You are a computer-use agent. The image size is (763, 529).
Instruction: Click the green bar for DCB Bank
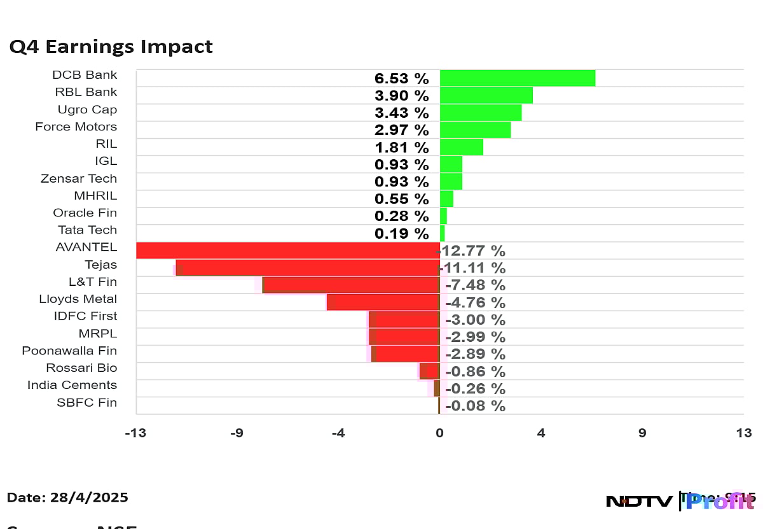tap(517, 78)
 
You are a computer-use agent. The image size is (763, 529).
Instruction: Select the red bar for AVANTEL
tap(287, 250)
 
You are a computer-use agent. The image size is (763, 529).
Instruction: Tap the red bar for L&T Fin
tap(351, 285)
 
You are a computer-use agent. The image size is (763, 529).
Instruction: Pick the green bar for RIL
tap(461, 147)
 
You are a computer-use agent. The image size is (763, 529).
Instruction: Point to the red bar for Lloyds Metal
tap(383, 302)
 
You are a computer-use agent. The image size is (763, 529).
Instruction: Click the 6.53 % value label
tap(401, 79)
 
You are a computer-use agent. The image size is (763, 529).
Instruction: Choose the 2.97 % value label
tap(401, 130)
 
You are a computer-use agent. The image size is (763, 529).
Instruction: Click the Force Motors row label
tap(76, 127)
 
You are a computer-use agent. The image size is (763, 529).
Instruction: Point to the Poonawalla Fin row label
tap(69, 351)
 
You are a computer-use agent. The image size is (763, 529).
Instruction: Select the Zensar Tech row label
tap(79, 178)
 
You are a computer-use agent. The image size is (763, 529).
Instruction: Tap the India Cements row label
tap(72, 385)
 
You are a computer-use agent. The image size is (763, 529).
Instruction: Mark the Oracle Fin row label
tap(85, 213)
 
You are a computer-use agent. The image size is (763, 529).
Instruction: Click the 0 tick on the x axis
tap(439, 434)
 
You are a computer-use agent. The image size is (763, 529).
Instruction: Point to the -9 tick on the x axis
tap(237, 434)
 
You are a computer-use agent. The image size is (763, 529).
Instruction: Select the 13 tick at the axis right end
tap(743, 434)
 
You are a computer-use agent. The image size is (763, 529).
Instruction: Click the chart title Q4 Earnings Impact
tap(111, 47)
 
